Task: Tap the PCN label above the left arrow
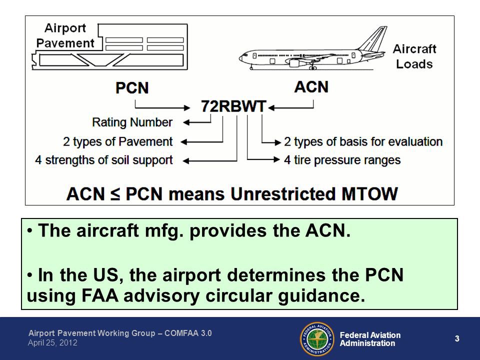point(132,87)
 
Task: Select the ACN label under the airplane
point(311,86)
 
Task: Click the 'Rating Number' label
point(132,122)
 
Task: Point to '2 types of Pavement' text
point(118,141)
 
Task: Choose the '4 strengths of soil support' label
point(104,160)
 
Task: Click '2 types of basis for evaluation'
point(363,141)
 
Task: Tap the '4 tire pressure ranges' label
point(342,160)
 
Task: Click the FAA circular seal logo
point(316,338)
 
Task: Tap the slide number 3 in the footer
point(457,339)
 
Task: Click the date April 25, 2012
point(52,343)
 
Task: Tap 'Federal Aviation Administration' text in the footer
point(370,339)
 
